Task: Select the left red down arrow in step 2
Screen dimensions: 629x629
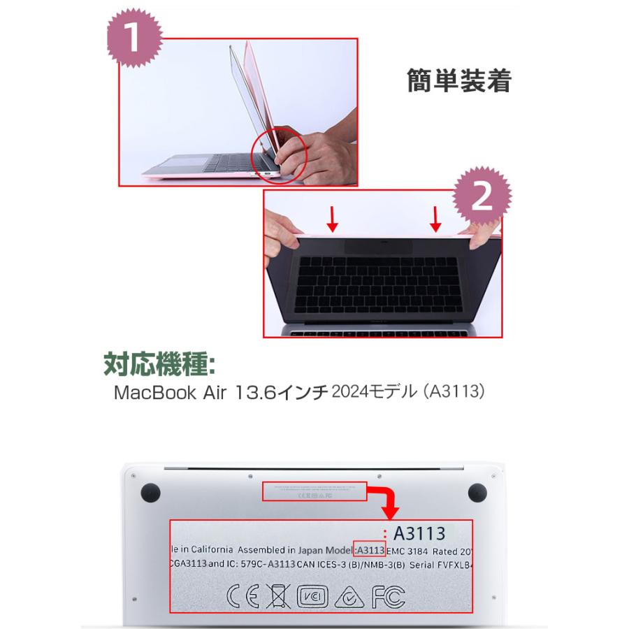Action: pyautogui.click(x=333, y=220)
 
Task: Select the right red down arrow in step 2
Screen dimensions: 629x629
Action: pyautogui.click(x=435, y=219)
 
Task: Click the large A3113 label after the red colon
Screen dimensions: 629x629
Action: pyautogui.click(x=419, y=534)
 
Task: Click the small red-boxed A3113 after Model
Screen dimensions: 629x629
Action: pyautogui.click(x=370, y=549)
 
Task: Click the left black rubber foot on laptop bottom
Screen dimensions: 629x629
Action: pyautogui.click(x=149, y=493)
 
